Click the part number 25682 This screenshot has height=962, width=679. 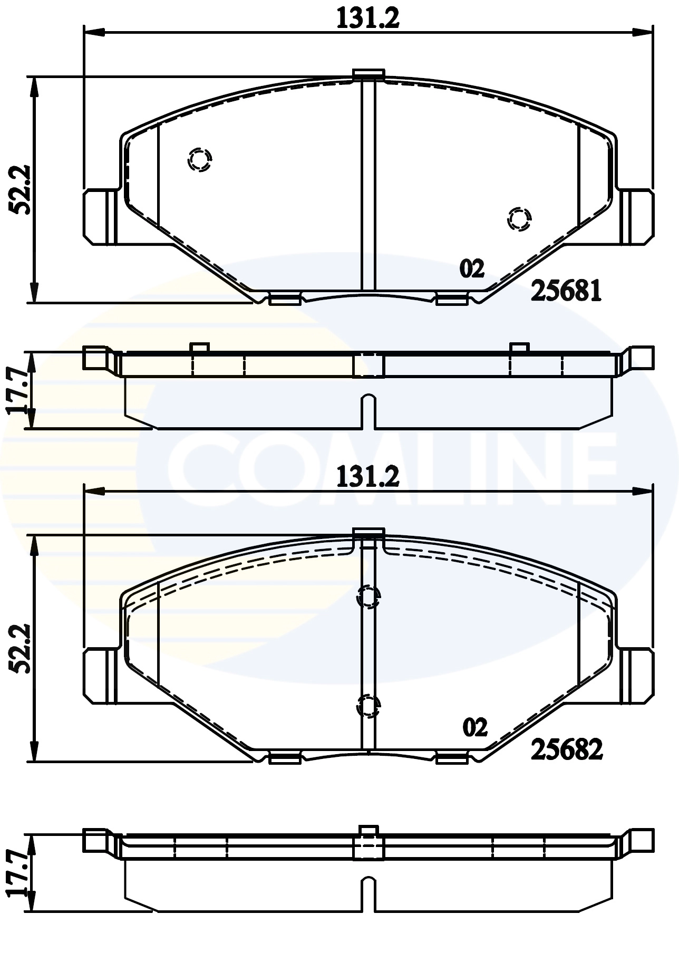coord(566,749)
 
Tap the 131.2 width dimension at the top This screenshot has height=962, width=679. coord(368,19)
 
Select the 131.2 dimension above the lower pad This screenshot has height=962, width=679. coord(368,477)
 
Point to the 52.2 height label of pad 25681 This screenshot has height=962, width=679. coord(22,190)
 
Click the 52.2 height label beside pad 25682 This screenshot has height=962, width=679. coord(22,649)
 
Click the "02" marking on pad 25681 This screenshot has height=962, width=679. coord(472,269)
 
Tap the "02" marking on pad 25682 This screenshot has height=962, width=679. coord(474,728)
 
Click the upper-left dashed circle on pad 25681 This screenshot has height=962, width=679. coord(200,158)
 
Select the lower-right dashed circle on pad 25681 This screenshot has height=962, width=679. coord(519,218)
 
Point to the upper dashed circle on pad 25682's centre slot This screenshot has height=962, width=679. coord(368,597)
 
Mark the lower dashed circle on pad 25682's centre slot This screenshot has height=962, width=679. coord(368,706)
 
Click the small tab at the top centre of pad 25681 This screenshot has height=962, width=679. coord(368,74)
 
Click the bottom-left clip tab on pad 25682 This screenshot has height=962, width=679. coord(285,758)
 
